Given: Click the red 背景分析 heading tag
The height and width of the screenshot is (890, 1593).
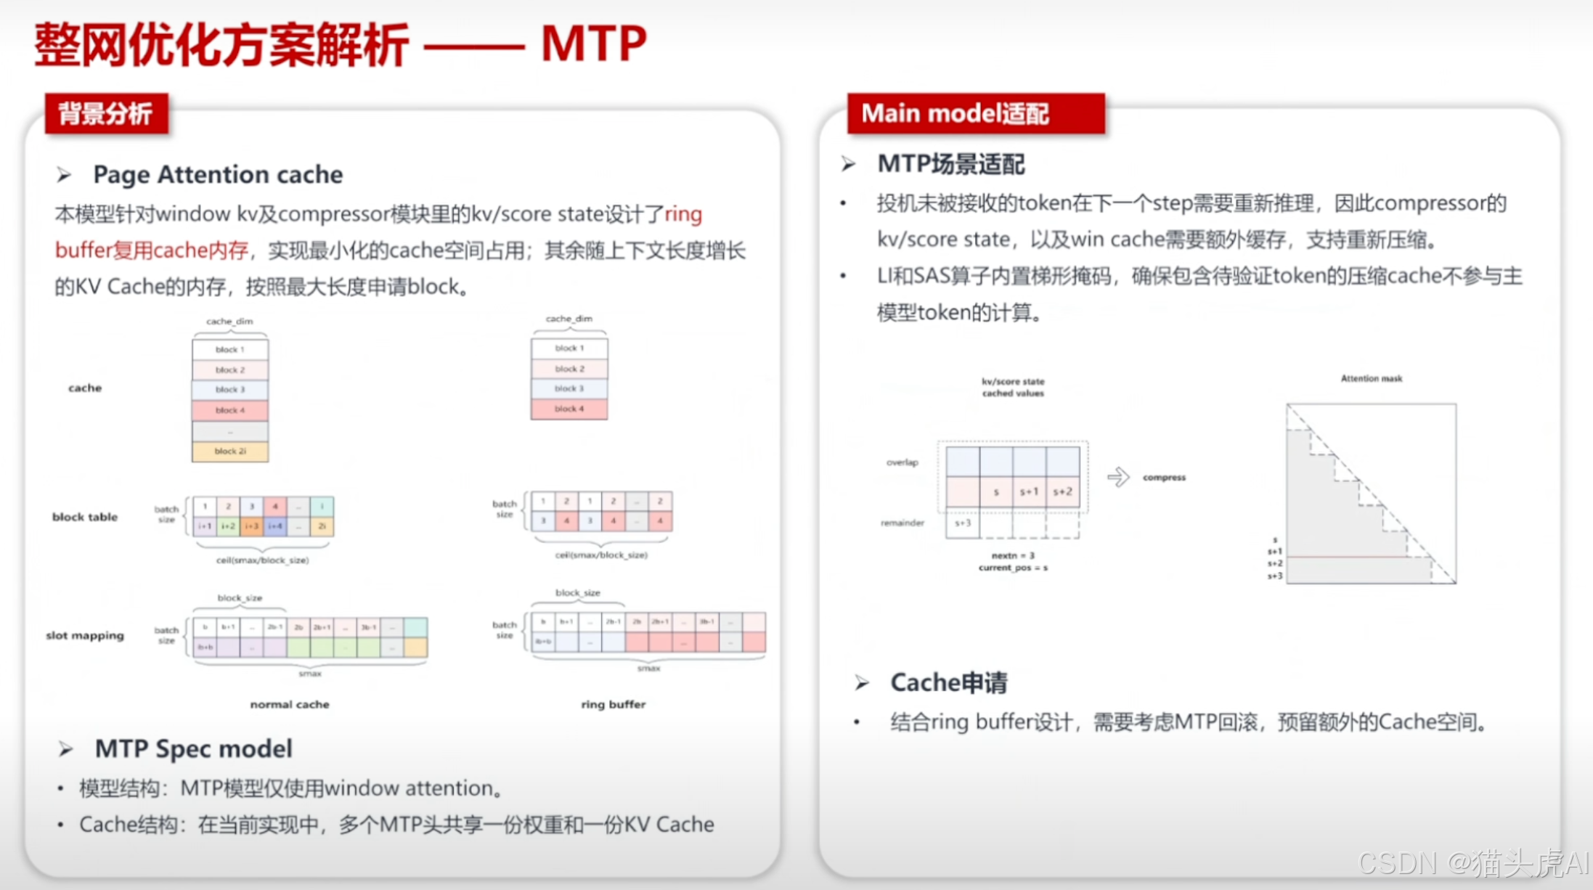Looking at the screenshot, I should (106, 114).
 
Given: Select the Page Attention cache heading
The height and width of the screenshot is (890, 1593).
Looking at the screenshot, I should (218, 175).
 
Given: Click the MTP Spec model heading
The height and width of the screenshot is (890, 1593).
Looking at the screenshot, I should (193, 748).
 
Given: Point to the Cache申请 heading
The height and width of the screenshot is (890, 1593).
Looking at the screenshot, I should (948, 682).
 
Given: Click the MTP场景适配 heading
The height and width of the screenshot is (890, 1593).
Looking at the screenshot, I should (950, 164).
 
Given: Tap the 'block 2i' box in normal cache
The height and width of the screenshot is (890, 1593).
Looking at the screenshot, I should (230, 452).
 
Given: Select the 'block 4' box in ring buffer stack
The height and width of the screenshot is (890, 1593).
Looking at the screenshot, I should (569, 409).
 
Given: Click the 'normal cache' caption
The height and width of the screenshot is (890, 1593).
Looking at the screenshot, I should (290, 704).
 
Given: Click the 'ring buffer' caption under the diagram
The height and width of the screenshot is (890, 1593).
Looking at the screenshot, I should (613, 704).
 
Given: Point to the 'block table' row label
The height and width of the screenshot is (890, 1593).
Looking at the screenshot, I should (85, 517).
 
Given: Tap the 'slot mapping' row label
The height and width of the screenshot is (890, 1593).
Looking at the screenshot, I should (85, 635).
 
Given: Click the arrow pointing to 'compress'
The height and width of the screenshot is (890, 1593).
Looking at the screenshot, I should (1118, 477).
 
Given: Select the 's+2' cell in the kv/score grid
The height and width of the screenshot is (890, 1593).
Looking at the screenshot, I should (1063, 492).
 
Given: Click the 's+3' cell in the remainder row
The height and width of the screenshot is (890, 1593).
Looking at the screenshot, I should (963, 523).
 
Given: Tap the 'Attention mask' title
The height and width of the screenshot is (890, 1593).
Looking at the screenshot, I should (1371, 378).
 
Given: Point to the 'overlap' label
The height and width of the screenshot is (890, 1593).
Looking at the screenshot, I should (902, 462).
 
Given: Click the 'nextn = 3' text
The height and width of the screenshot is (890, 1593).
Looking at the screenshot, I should (1013, 555).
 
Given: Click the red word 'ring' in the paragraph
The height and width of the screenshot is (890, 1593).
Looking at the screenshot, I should (683, 214).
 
